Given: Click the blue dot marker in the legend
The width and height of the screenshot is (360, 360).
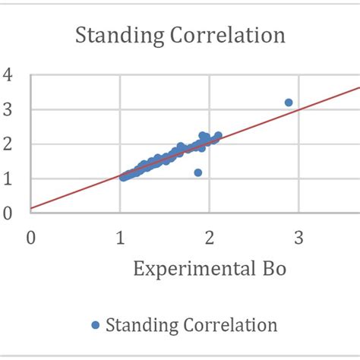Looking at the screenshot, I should click(x=95, y=325).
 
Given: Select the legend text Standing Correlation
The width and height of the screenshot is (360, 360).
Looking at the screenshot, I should click(x=191, y=325).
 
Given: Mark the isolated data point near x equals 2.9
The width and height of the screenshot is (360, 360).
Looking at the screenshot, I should click(x=288, y=103).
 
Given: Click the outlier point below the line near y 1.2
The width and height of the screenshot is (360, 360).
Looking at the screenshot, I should click(x=197, y=172).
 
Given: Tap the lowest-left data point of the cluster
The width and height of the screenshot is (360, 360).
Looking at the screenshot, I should click(x=123, y=177).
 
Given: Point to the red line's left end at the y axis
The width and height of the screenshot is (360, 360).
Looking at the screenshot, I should click(x=31, y=207).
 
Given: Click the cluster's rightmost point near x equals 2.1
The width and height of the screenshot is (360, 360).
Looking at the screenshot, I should click(x=218, y=136).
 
